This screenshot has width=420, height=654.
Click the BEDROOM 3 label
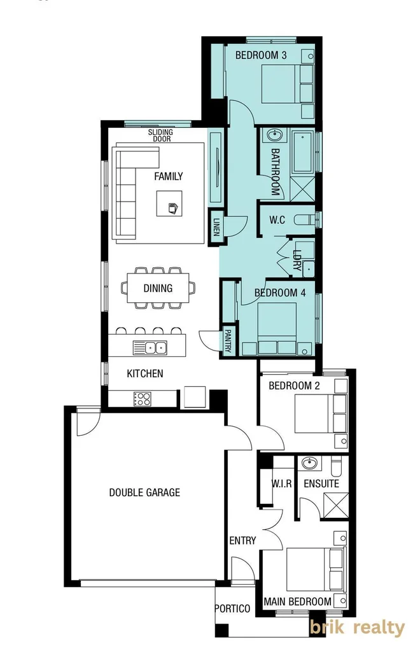[x=261, y=55]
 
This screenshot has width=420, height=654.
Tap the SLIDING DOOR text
[x=160, y=136]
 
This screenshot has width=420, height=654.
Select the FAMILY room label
[x=169, y=176]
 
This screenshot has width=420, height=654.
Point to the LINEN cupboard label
[x=216, y=226]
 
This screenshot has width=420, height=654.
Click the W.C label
[x=277, y=220]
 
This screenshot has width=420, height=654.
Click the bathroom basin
[x=275, y=136]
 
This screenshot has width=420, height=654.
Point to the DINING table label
[x=158, y=288]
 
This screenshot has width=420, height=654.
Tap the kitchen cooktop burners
[x=142, y=399]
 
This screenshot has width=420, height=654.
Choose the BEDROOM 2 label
[x=294, y=386]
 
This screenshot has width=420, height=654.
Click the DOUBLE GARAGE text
[x=144, y=492]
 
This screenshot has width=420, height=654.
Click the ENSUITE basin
[x=311, y=463]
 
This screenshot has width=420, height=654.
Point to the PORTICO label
[x=232, y=609]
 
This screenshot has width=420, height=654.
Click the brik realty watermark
[x=357, y=629]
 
